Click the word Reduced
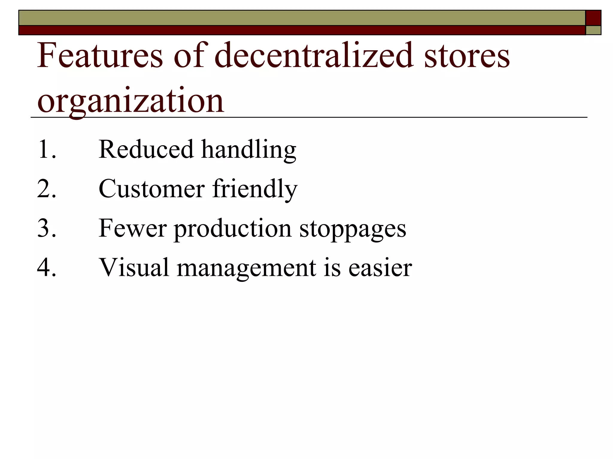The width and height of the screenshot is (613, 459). coord(146,149)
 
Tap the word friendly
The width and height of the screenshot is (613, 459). coord(255,189)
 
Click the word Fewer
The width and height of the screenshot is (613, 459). coord(132,228)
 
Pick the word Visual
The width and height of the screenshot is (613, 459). coord(134,267)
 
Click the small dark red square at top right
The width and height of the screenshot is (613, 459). coord(593,18)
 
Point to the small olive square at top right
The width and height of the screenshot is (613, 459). coord(593,30)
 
